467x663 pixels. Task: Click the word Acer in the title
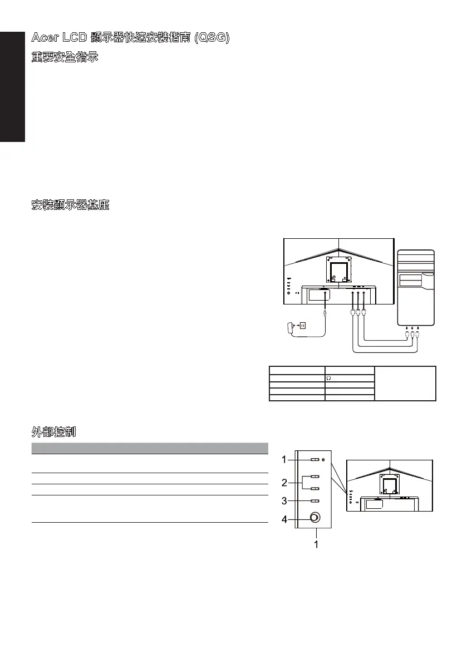point(43,38)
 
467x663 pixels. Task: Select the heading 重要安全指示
point(65,57)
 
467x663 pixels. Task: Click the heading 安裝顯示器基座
point(70,205)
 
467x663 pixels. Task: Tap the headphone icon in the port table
point(329,377)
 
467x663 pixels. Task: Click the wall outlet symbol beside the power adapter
point(303,325)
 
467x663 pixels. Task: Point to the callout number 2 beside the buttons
point(284,482)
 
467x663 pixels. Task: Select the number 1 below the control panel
point(316,544)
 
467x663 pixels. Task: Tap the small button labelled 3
point(314,502)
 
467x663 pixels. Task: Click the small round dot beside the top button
point(325,460)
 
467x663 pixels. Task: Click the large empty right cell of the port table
point(405,383)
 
